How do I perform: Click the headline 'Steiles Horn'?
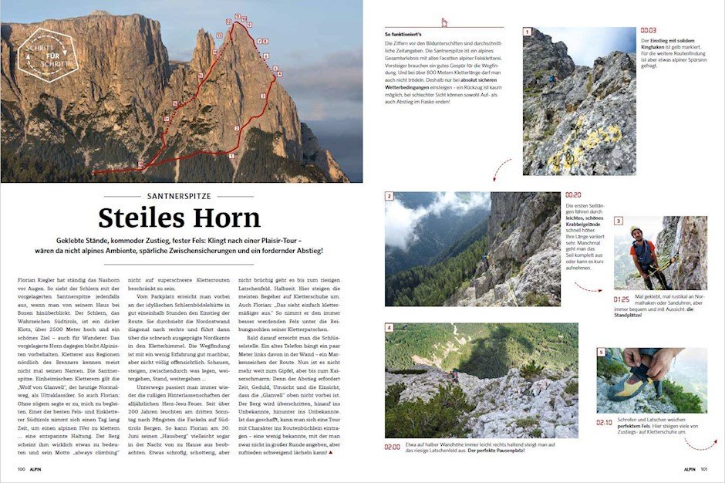[x=181, y=219]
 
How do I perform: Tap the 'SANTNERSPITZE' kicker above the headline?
[x=181, y=195]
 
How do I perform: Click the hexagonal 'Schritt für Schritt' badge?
[x=47, y=55]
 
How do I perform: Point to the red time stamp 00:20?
[x=574, y=195]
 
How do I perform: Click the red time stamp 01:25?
[x=622, y=298]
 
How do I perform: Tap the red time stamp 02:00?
[x=392, y=447]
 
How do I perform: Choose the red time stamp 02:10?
[x=605, y=422]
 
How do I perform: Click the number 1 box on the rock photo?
[x=528, y=32]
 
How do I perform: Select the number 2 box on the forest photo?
[x=389, y=197]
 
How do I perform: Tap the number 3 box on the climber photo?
[x=618, y=221]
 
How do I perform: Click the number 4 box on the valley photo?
[x=389, y=328]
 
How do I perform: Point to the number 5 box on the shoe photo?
[x=601, y=353]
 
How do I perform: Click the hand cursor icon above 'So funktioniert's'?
[x=444, y=22]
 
